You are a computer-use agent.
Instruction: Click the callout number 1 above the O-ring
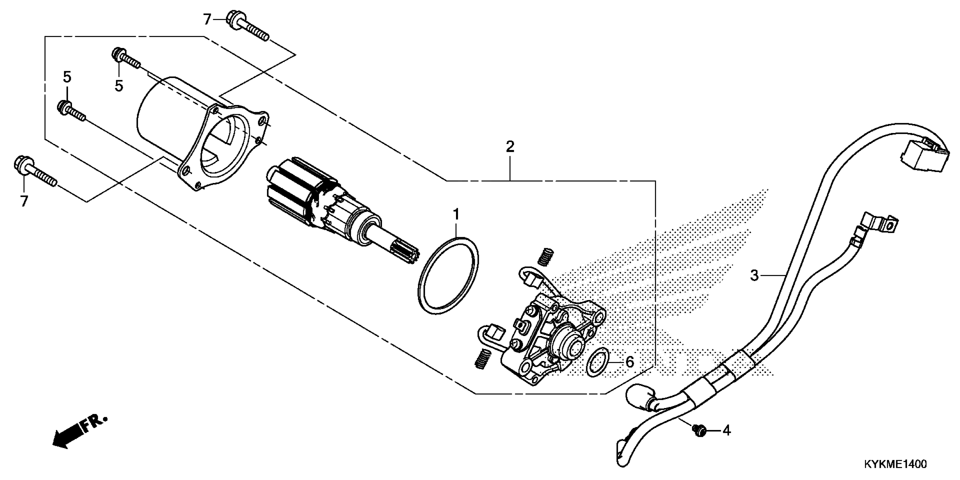point(456,215)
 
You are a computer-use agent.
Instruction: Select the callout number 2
point(510,147)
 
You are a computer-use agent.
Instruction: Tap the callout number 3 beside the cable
point(754,276)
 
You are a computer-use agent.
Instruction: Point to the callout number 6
point(629,362)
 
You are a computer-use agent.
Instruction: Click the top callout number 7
point(207,19)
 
